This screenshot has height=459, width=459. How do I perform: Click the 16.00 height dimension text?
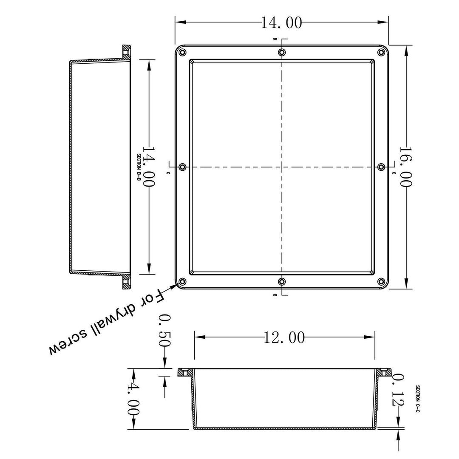coord(406,167)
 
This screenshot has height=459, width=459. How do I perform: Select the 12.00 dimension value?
coord(284,337)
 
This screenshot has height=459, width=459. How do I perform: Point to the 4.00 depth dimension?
coord(134,399)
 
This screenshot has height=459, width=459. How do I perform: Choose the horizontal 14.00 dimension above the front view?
coord(281,23)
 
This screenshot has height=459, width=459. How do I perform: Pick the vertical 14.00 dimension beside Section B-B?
coord(148,167)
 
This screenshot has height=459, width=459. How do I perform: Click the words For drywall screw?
coord(106,323)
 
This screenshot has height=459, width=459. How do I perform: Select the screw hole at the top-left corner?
coord(183,53)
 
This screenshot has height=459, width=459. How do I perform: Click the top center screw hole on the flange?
coord(282,53)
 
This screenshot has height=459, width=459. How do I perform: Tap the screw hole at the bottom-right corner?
coord(381,281)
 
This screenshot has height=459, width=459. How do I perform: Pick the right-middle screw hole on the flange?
coord(381,167)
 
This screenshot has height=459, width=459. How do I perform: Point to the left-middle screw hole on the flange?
coord(183,167)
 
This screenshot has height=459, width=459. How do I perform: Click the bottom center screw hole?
coord(282,281)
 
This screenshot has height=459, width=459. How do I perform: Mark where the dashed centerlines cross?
coord(282,167)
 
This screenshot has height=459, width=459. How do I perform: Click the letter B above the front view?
coord(275,39)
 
